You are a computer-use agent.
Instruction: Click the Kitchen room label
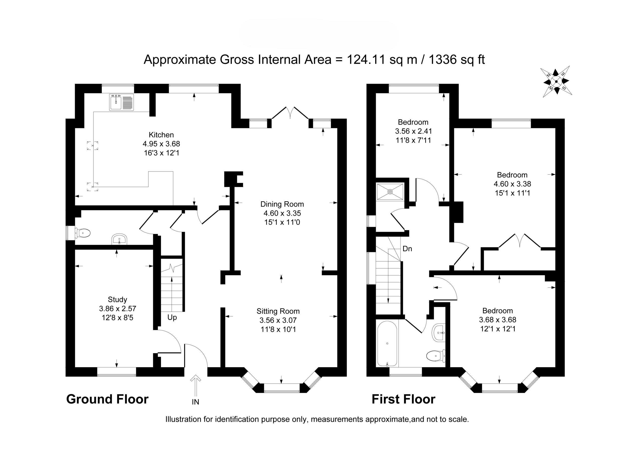[x=161, y=135]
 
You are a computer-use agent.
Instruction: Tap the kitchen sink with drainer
[x=121, y=102]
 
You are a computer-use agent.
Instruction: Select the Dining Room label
[x=282, y=204]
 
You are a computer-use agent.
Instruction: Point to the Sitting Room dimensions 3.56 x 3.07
[x=278, y=320]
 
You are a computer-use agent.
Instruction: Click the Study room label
[x=117, y=299]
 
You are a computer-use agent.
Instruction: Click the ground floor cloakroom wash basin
[x=119, y=239]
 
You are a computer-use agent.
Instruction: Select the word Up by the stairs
[x=172, y=318]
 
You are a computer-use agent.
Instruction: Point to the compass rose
[x=556, y=82]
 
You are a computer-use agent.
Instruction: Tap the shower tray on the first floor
[x=390, y=191]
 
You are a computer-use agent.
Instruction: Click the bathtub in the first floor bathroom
[x=387, y=344]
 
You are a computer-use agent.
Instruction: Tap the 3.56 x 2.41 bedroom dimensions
[x=413, y=131]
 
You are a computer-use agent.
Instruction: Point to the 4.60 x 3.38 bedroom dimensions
[x=512, y=184]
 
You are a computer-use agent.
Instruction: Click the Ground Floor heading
[x=107, y=399]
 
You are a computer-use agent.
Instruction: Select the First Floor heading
[x=403, y=399]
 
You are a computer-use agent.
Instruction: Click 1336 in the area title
[x=443, y=60]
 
